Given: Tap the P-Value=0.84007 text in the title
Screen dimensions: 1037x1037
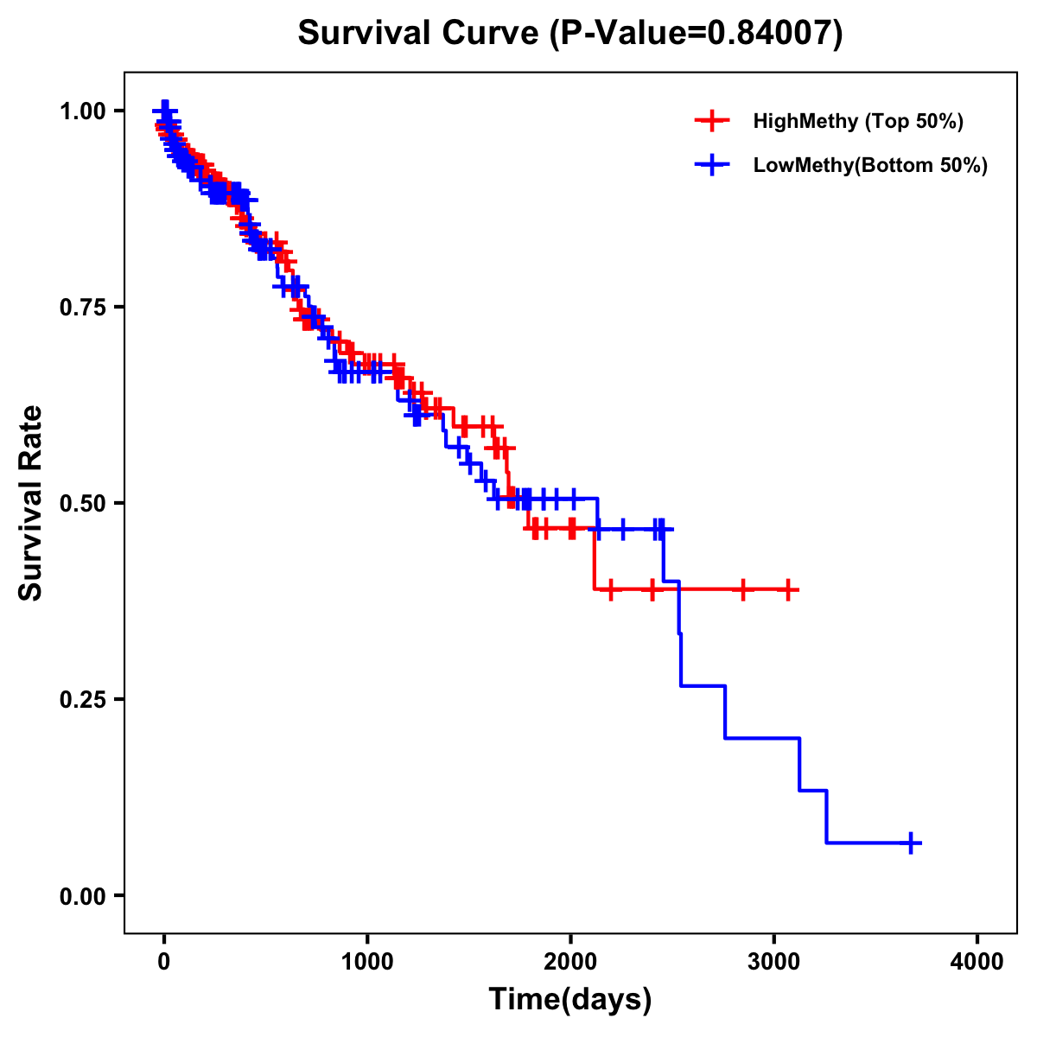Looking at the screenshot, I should pos(697,34).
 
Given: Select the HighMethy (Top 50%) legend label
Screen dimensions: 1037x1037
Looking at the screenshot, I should pos(857,121).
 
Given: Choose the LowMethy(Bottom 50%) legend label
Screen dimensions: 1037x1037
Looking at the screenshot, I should pos(870,165).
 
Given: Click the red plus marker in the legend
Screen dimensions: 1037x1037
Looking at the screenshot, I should pos(712,121).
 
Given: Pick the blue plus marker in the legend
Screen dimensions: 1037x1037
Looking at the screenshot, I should pos(712,165).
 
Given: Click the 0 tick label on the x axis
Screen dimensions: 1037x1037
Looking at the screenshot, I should pos(164,962).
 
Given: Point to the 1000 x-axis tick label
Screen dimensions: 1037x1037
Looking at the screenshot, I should pos(367,962).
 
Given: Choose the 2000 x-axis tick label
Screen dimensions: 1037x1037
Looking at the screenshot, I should pos(570,962).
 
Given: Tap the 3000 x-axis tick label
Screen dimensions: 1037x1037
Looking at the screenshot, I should pos(773,962).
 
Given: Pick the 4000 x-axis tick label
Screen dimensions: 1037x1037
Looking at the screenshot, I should pos(977,962).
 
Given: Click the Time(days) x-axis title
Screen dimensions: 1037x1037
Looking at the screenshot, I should pos(570,1000).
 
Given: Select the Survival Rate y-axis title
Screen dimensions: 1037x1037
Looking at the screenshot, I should pos(31,503).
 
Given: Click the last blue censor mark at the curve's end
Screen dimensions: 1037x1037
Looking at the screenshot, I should pos(911,843).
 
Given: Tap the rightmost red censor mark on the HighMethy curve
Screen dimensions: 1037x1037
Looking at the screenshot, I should pos(787,589).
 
